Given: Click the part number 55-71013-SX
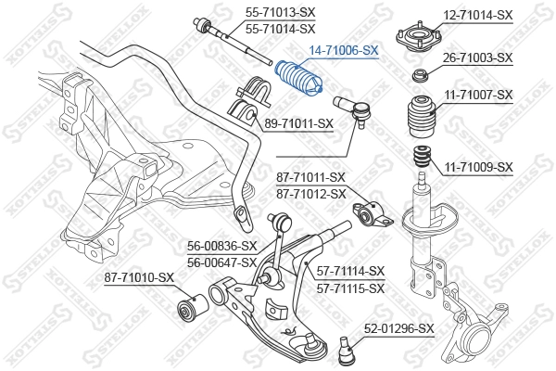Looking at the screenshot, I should [x=280, y=13].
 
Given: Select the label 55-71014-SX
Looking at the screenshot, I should [x=280, y=29].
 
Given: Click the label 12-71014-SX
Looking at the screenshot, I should [x=477, y=15].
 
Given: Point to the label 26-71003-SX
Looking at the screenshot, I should [x=477, y=58].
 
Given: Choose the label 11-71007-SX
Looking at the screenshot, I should [x=477, y=95].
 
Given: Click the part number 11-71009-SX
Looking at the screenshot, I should [x=477, y=167].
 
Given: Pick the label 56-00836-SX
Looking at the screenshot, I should [x=221, y=246].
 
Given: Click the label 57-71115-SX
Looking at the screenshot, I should [x=350, y=288].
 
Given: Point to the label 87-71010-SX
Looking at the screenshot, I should [x=138, y=277].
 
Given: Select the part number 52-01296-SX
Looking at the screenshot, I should [x=398, y=328].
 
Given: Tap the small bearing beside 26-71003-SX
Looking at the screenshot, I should [x=419, y=74].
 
